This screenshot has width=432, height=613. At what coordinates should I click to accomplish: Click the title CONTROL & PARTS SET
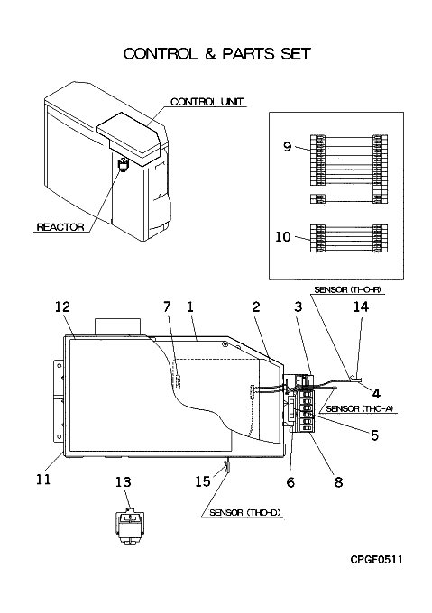[217, 54]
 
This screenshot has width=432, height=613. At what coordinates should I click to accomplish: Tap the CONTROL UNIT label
[207, 102]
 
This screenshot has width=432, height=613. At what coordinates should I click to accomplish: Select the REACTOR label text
[60, 227]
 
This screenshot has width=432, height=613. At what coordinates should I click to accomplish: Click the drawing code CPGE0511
[376, 560]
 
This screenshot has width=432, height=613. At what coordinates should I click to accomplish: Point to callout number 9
[288, 147]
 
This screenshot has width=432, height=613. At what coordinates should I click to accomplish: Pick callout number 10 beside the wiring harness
[283, 236]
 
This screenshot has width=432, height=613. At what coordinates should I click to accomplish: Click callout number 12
[62, 306]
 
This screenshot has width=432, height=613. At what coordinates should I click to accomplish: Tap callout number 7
[167, 306]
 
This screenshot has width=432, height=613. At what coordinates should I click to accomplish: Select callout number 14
[361, 306]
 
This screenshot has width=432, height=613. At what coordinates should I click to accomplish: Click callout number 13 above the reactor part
[123, 482]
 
